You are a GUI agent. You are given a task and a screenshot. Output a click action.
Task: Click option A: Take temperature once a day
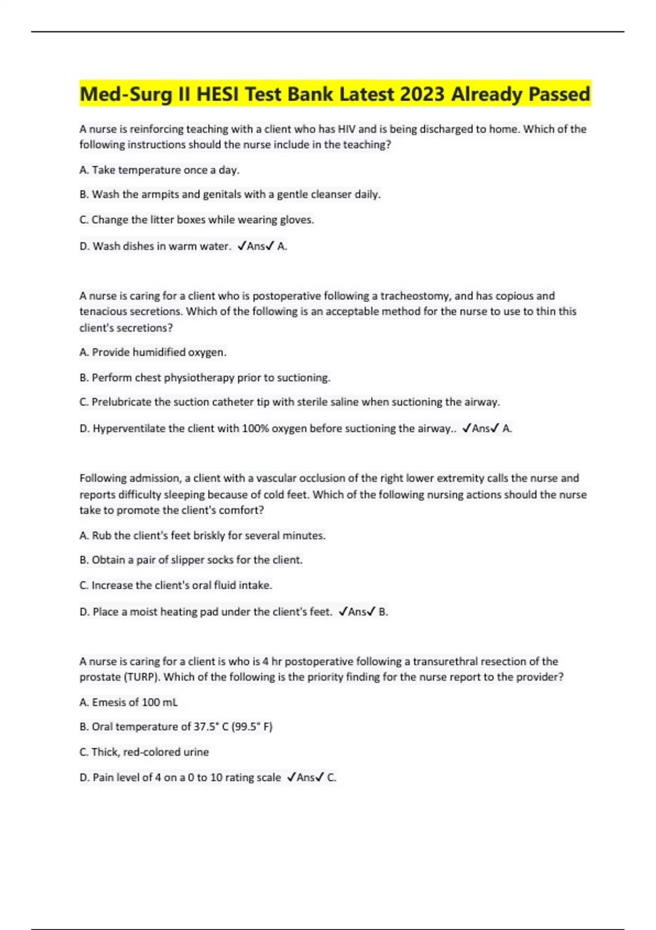160,170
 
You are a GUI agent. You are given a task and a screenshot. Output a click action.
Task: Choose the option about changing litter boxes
197,220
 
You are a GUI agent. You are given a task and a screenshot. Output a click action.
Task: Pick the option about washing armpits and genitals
230,194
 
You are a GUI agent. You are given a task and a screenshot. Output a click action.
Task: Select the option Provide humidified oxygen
153,352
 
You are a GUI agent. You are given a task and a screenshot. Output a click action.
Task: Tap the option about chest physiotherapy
205,377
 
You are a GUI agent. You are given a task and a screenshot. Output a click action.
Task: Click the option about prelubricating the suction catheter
290,402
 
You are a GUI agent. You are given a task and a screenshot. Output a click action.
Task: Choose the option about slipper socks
191,560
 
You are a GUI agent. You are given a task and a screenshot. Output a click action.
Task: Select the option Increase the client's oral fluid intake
176,585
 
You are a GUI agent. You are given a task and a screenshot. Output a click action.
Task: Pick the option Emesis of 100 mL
128,702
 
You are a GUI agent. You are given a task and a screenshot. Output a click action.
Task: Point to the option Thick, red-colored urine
144,752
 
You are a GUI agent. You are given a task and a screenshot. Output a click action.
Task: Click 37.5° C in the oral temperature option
212,727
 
